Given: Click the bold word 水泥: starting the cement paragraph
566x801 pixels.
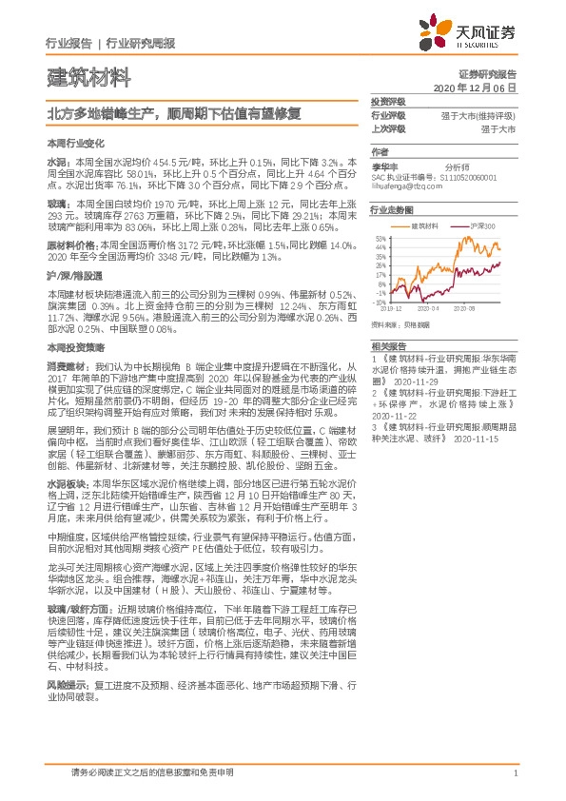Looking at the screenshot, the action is click(56, 163).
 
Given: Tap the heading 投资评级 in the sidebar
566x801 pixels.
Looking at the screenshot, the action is click(388, 101).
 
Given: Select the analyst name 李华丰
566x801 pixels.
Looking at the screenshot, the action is click(383, 165).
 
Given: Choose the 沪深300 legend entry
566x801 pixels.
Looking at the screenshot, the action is click(483, 226).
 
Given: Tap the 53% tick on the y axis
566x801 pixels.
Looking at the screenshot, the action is click(382, 239).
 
